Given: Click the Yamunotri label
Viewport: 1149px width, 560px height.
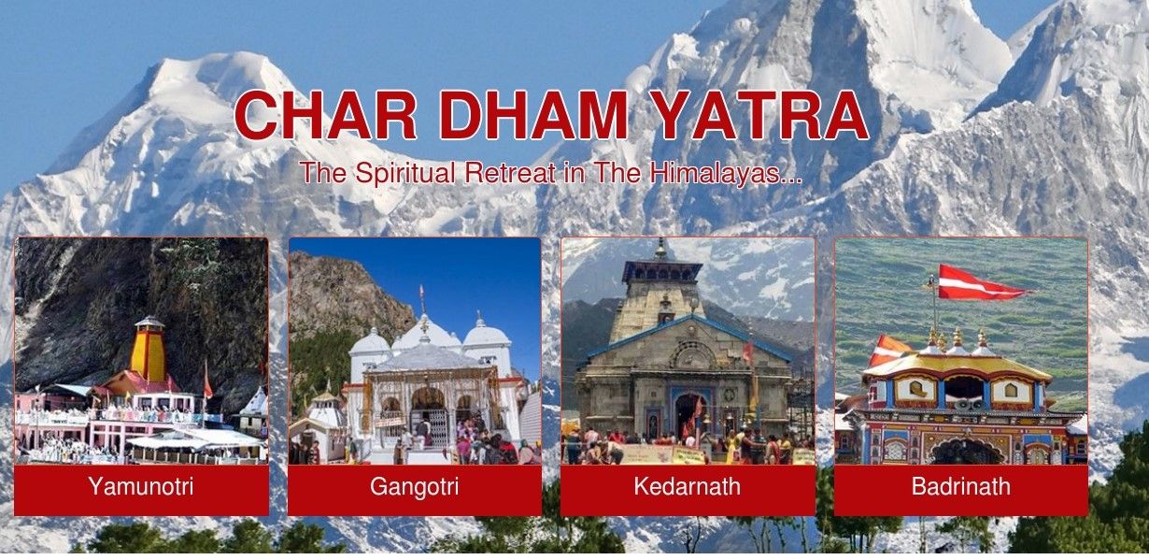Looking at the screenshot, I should (x=141, y=487).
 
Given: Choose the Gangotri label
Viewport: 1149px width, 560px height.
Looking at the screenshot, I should (x=414, y=487).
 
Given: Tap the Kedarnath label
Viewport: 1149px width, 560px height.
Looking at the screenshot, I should (x=687, y=487).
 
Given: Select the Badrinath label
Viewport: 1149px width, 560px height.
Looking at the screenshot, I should (x=960, y=487).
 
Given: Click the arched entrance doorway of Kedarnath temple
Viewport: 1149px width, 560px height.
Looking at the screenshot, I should (x=688, y=415).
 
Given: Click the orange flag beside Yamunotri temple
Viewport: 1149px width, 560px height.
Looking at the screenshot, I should (x=206, y=384).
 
